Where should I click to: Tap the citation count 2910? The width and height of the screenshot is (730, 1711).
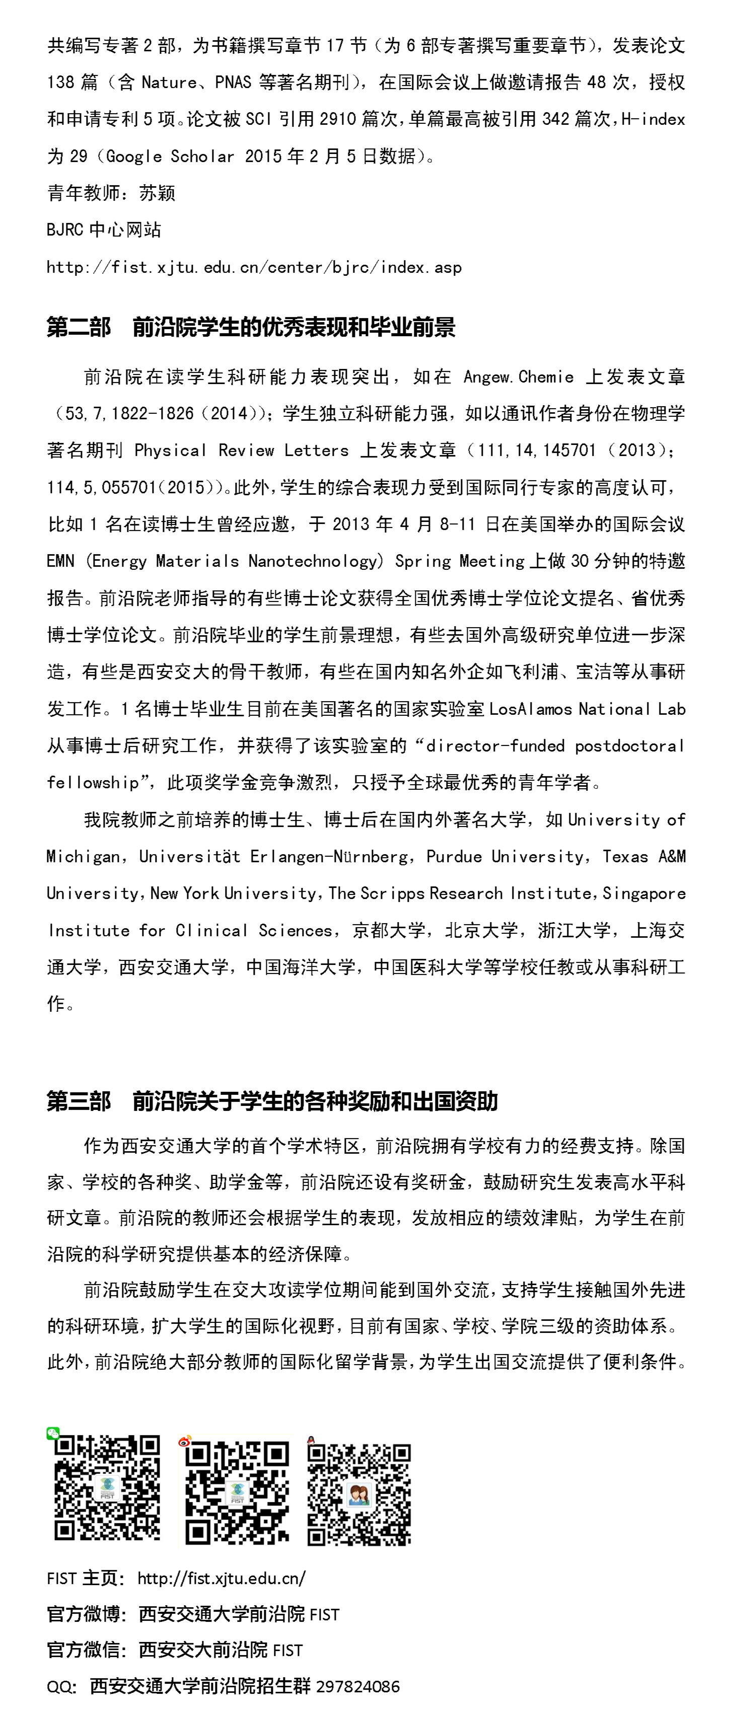pyautogui.click(x=337, y=120)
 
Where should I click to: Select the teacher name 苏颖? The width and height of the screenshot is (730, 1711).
pyautogui.click(x=158, y=193)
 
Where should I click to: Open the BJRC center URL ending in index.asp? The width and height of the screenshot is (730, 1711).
pyautogui.click(x=254, y=268)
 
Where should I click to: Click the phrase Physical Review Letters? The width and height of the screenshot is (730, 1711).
pyautogui.click(x=241, y=451)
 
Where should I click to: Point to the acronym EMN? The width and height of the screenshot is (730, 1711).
pyautogui.click(x=60, y=561)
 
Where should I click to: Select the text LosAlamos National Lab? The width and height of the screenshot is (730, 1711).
pyautogui.click(x=587, y=709)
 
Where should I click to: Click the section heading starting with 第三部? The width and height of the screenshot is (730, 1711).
pyautogui.click(x=272, y=1102)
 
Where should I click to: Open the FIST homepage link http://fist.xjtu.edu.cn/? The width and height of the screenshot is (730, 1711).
pyautogui.click(x=221, y=1578)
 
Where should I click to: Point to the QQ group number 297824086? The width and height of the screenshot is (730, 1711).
pyautogui.click(x=358, y=1686)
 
